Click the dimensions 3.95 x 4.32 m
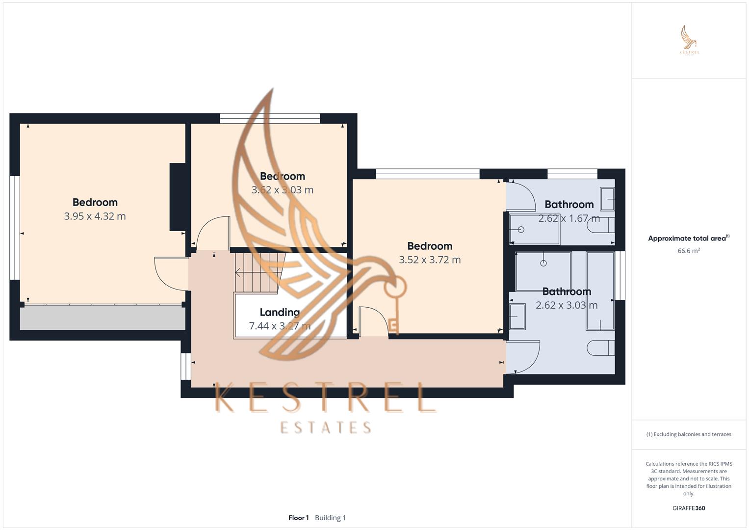[95, 216]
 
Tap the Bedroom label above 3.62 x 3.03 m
[282, 176]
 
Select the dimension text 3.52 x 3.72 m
[430, 260]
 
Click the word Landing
[280, 312]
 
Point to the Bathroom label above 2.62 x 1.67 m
[569, 204]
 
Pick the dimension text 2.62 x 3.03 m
[567, 305]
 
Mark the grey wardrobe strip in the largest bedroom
[103, 318]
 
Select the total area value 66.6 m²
[689, 251]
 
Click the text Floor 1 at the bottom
[298, 518]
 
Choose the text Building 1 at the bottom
[330, 518]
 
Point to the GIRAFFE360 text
[689, 508]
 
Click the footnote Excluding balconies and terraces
[689, 434]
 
